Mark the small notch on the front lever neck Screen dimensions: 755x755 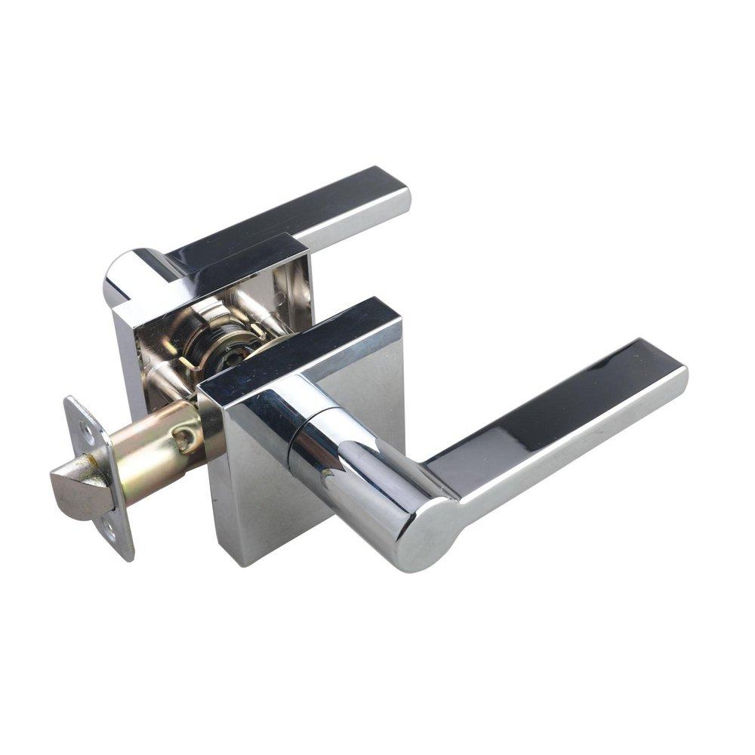(329, 476)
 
